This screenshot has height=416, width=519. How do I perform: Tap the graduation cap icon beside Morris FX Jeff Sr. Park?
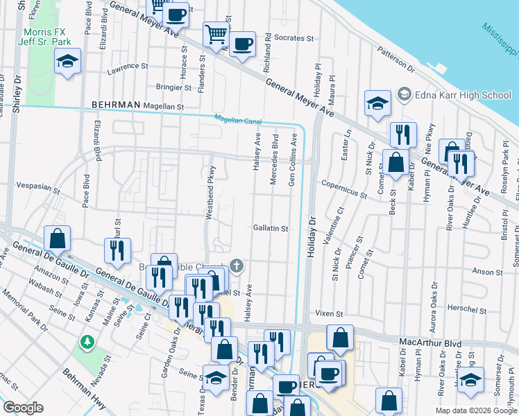67,62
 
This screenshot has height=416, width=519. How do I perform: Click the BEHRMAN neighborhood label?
116,105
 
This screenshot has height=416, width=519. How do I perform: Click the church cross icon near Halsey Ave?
237,266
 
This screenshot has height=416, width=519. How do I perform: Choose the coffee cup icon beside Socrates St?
242,44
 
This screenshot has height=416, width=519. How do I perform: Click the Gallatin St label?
270,227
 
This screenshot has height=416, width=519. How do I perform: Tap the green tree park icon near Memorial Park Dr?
87,342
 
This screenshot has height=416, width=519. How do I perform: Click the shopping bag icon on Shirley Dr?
58,238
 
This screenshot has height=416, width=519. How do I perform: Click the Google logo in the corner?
23,407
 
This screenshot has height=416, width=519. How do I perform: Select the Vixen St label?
329,314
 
